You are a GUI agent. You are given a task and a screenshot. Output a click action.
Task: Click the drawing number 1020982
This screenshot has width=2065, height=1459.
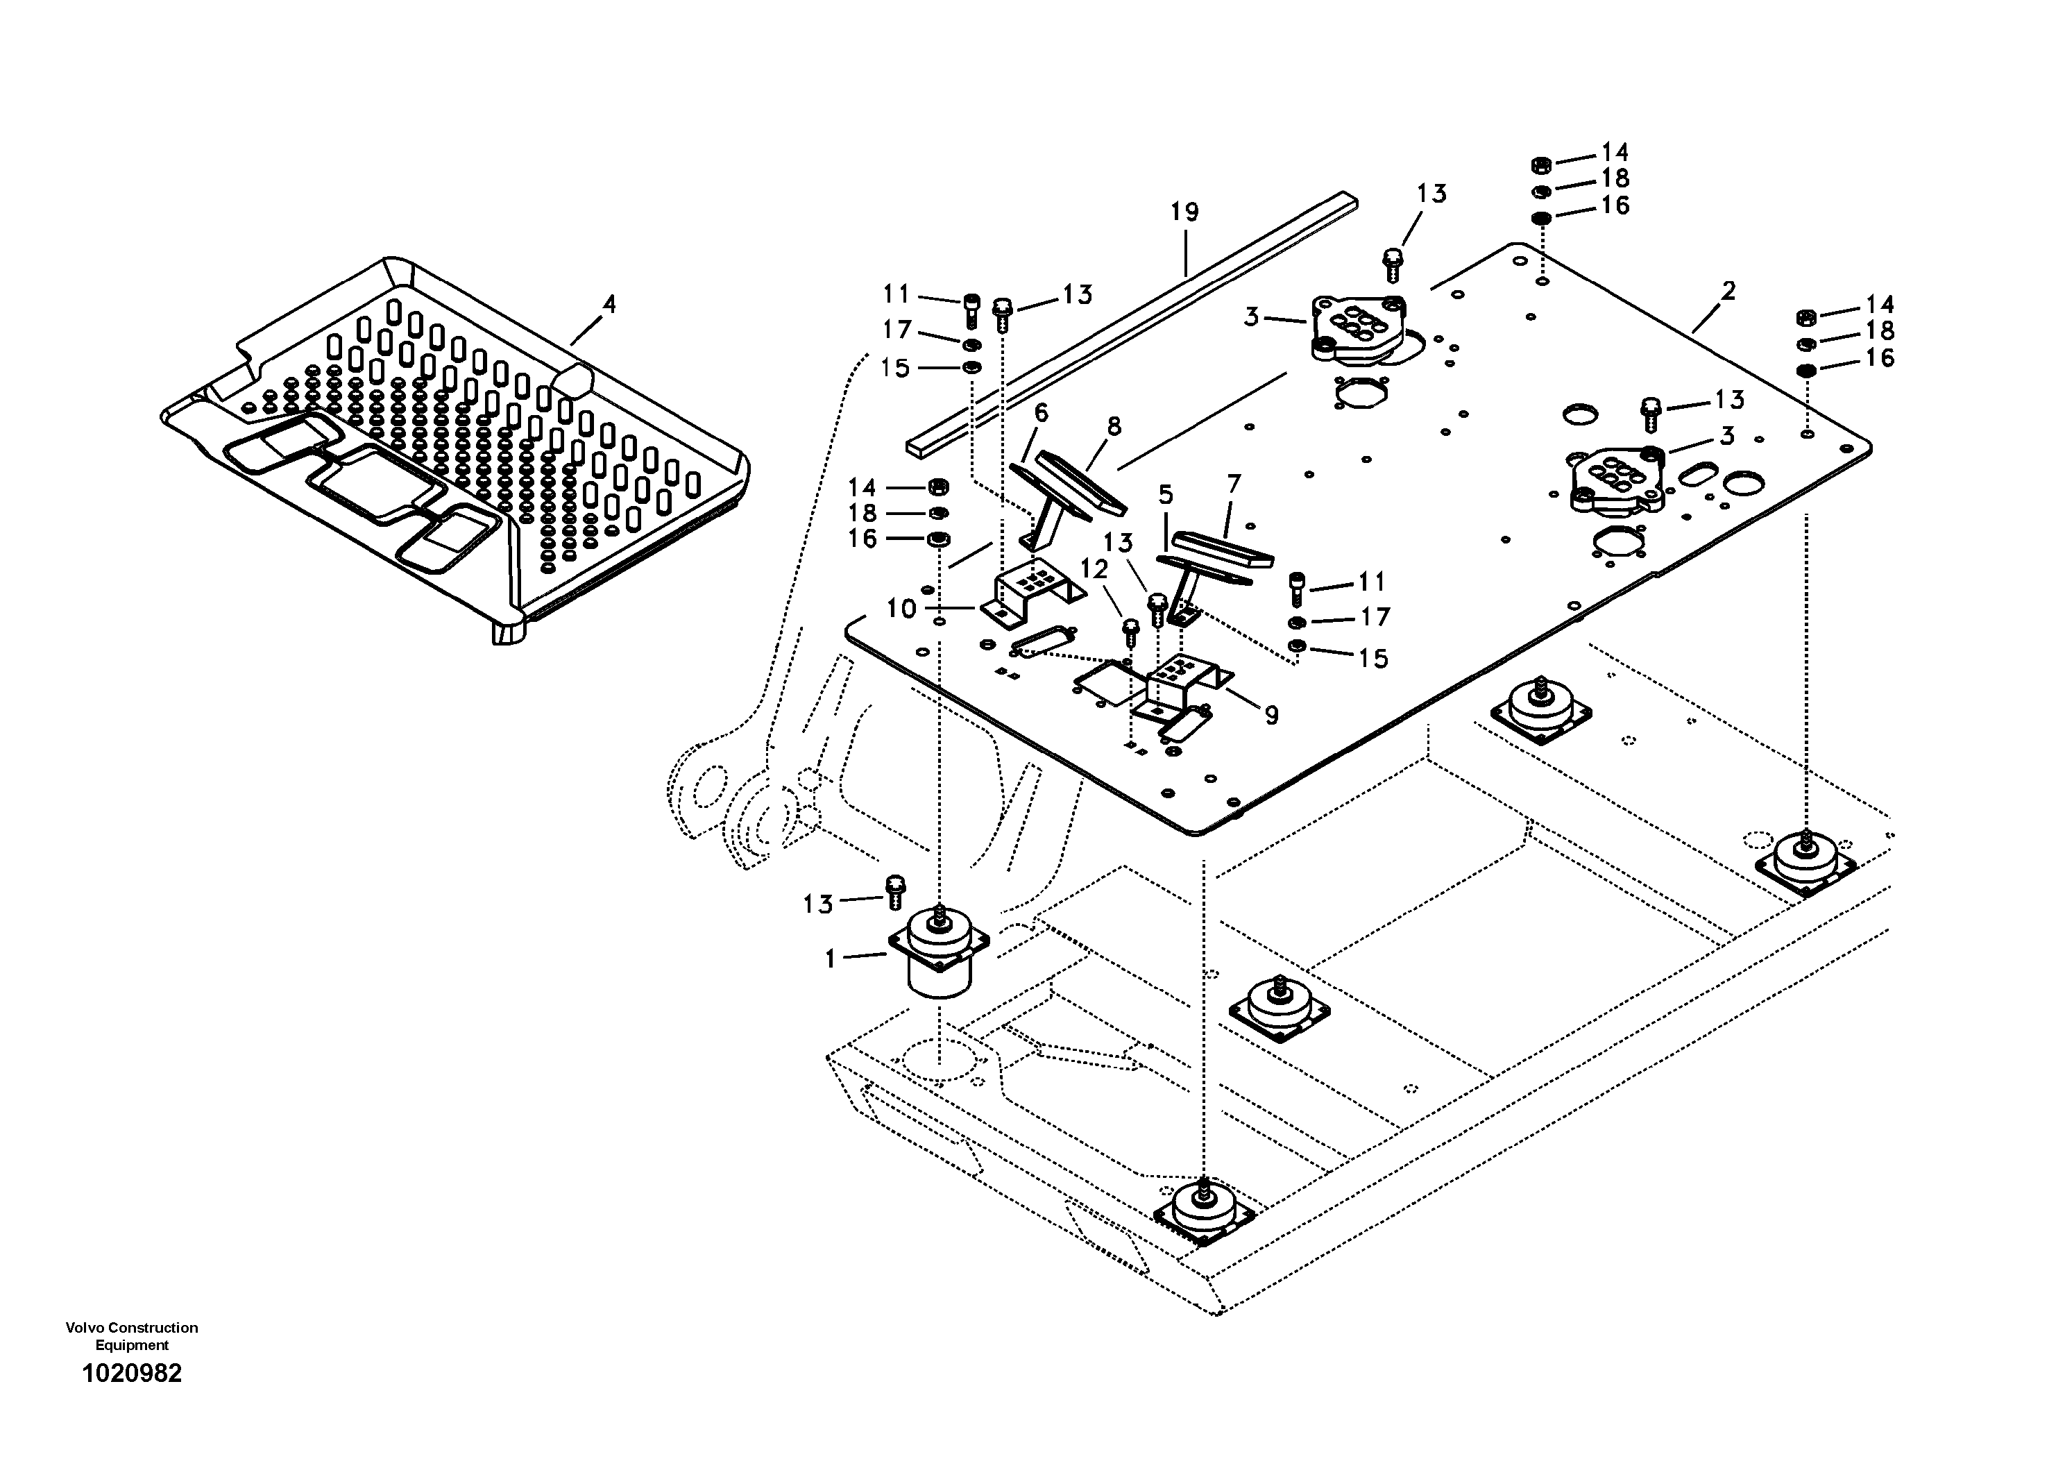tap(133, 1374)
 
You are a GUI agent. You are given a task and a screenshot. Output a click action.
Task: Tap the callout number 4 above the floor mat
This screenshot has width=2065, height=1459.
tap(609, 305)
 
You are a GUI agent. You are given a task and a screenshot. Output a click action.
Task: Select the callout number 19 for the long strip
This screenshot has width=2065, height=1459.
tap(1184, 213)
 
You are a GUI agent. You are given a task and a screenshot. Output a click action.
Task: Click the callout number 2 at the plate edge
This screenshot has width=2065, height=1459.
tap(1728, 292)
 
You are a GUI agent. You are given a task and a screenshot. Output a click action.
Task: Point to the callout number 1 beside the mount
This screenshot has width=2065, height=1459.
tap(830, 960)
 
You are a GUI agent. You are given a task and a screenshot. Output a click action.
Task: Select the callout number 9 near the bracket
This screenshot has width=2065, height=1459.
tap(1271, 715)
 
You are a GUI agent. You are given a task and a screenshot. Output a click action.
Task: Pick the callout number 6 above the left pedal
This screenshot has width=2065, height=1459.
tap(1042, 413)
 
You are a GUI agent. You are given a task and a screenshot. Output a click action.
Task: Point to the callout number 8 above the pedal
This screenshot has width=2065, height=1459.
tap(1114, 426)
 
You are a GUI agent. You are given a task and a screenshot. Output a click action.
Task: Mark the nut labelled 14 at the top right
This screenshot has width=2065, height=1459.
tap(1539, 165)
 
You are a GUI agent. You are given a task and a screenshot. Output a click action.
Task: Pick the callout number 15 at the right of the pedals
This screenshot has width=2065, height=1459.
tap(1373, 659)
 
